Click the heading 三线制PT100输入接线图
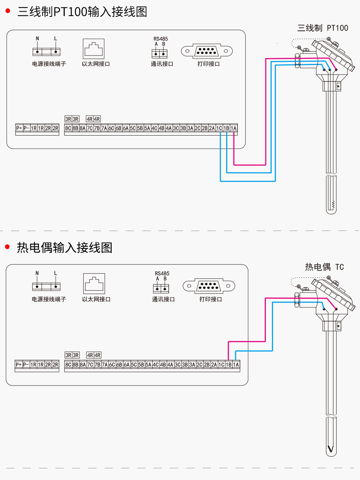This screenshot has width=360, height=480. pyautogui.click(x=82, y=12)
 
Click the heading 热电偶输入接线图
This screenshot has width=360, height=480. pyautogui.click(x=64, y=247)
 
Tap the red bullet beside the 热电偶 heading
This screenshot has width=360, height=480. pyautogui.click(x=7, y=247)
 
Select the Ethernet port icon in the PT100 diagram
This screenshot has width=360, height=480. pyautogui.click(x=93, y=49)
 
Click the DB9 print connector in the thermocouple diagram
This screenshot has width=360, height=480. pyautogui.click(x=209, y=286)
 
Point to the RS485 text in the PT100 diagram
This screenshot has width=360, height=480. pyautogui.click(x=160, y=39)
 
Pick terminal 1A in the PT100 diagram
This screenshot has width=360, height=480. pyautogui.click(x=233, y=128)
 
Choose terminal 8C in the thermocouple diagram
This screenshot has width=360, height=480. pyautogui.click(x=68, y=364)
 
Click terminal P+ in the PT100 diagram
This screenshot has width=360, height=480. pyautogui.click(x=19, y=128)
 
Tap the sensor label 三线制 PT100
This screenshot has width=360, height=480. pyautogui.click(x=323, y=28)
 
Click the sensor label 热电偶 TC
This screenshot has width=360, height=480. pyautogui.click(x=324, y=267)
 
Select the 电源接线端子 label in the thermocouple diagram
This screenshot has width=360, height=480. pyautogui.click(x=49, y=299)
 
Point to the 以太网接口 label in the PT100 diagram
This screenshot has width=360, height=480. pyautogui.click(x=96, y=64)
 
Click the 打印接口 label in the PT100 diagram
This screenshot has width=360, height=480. pyautogui.click(x=208, y=64)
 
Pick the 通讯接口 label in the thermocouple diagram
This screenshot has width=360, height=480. pyautogui.click(x=163, y=299)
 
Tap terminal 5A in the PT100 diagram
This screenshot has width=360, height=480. pyautogui.click(x=147, y=128)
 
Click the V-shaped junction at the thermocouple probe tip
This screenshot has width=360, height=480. pyautogui.click(x=331, y=449)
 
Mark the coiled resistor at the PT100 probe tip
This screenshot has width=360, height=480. pyautogui.click(x=332, y=205)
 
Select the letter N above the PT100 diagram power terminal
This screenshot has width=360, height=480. pyautogui.click(x=37, y=39)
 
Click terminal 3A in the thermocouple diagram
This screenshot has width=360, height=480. pyautogui.click(x=192, y=364)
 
